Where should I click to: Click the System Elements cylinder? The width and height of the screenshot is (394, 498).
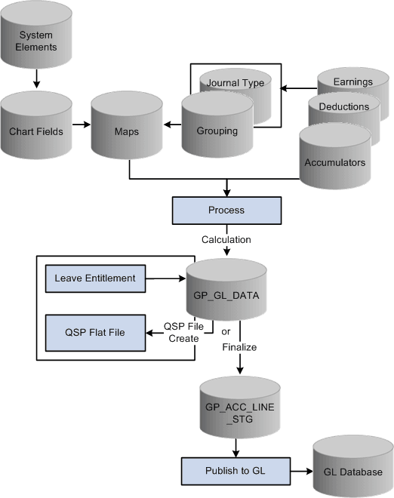37,41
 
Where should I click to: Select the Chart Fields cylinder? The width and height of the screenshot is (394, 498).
37,131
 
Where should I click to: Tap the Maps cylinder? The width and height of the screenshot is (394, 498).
128,131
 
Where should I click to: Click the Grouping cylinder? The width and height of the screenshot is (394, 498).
217,131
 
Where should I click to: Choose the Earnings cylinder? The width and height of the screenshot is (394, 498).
352,81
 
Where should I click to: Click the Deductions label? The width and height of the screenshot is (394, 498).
343,106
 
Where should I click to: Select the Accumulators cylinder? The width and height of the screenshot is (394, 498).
334,161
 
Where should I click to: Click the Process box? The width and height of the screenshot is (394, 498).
227,211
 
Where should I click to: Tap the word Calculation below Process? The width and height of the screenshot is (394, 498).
226,239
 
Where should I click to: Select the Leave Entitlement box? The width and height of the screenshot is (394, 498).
95,278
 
